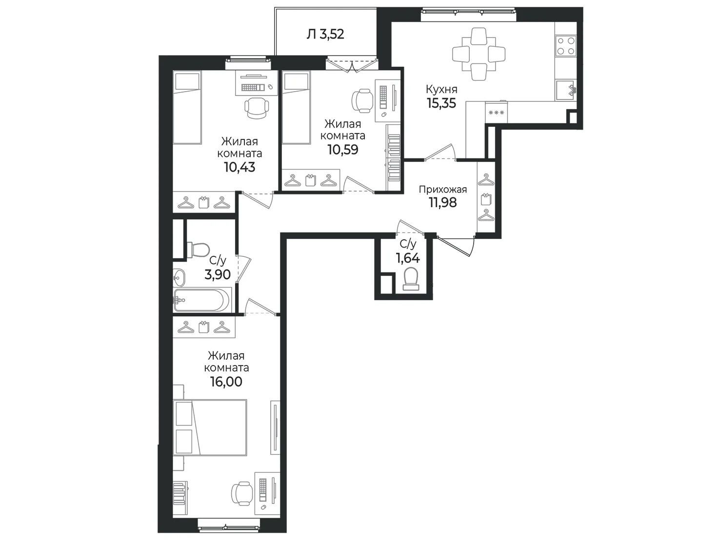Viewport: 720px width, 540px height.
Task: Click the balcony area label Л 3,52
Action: click(325, 34)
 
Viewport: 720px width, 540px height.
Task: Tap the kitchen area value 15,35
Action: click(441, 103)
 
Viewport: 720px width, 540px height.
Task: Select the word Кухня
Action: click(441, 89)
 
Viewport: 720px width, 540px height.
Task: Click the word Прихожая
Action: click(443, 190)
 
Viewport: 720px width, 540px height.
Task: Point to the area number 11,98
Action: click(443, 203)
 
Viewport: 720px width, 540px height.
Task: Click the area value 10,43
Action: click(240, 168)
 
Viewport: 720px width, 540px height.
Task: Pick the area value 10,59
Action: click(343, 150)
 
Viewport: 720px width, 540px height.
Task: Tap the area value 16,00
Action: click(226, 382)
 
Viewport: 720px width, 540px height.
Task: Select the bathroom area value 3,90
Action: click(218, 274)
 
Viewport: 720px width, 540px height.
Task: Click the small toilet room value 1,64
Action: click(408, 258)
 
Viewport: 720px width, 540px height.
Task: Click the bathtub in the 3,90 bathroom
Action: click(202, 300)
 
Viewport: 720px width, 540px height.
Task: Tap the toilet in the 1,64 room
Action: click(411, 278)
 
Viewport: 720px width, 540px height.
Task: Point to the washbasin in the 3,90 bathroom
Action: click(179, 278)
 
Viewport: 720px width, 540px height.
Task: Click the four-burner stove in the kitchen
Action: click(566, 45)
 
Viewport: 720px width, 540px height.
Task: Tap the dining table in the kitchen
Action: click(479, 54)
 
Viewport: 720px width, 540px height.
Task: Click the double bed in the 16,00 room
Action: click(210, 427)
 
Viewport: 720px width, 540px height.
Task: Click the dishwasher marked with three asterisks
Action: click(496, 113)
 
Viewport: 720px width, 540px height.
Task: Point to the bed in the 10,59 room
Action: click(296, 108)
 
